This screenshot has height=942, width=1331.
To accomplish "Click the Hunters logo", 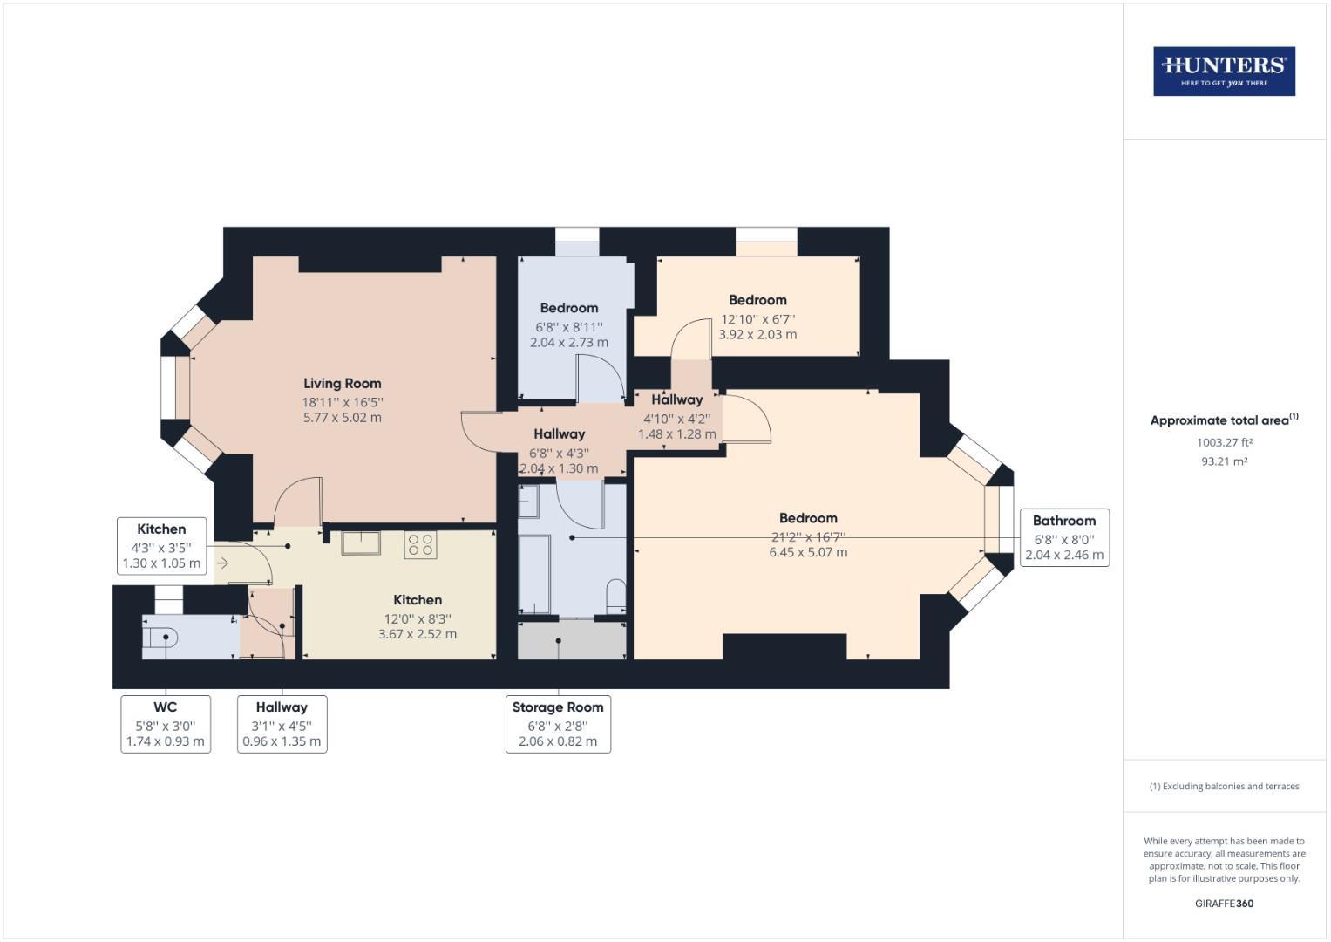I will (x=1224, y=72).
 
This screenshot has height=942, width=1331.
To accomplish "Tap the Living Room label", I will (x=342, y=383).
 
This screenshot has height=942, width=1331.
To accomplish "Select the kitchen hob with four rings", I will (x=420, y=545).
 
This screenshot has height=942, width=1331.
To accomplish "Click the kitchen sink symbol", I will (x=360, y=543).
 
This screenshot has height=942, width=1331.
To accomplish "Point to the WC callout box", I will (x=166, y=724).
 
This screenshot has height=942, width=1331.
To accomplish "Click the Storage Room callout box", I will (x=558, y=724).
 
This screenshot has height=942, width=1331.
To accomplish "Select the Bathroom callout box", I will (x=1064, y=537).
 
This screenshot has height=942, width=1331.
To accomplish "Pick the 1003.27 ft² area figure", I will (x=1224, y=442).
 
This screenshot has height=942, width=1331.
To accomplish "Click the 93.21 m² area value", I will (x=1224, y=461).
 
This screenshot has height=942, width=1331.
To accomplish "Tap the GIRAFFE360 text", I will (x=1224, y=904).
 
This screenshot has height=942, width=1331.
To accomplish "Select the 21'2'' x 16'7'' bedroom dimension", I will (x=808, y=536).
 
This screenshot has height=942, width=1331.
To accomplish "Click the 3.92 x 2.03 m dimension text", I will (x=757, y=334).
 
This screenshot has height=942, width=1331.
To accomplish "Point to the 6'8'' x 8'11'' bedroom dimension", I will (x=568, y=325).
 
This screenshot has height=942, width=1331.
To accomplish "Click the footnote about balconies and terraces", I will (x=1224, y=786).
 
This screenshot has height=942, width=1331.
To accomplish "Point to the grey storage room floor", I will (x=572, y=641).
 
